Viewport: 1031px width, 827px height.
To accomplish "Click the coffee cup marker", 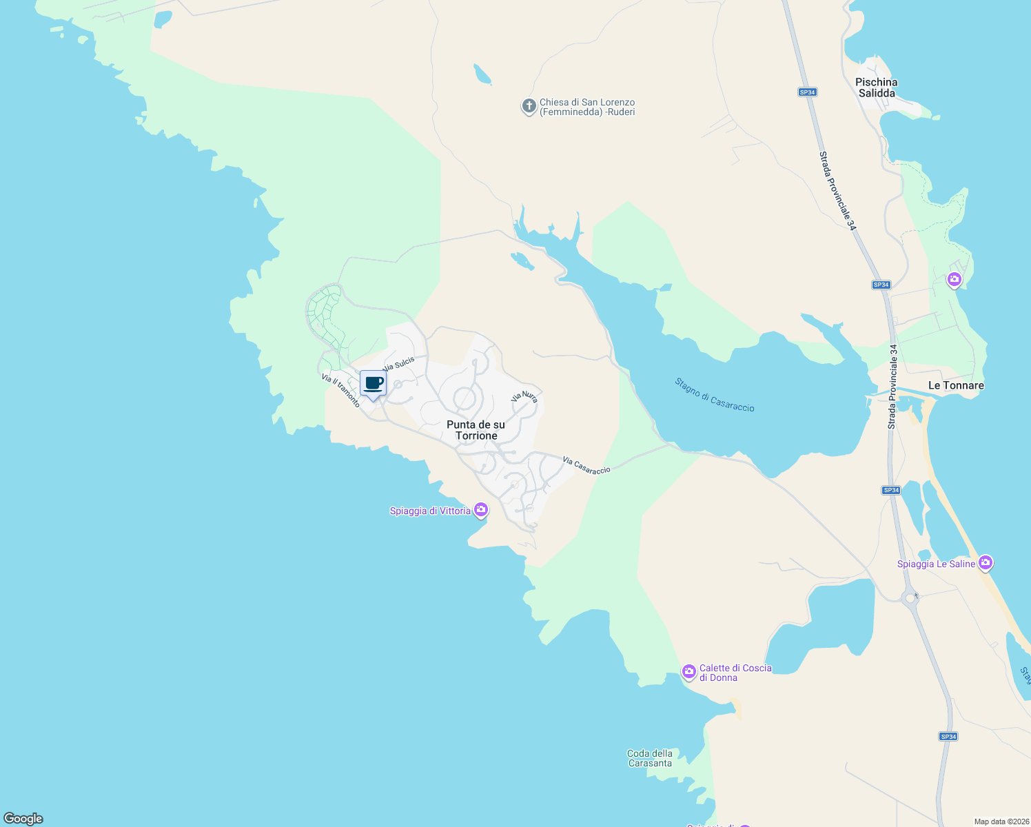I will pos(373,383).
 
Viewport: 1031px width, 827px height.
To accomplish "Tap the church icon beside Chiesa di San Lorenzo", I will pos(529,107).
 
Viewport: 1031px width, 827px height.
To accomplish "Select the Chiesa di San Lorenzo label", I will pos(587,107).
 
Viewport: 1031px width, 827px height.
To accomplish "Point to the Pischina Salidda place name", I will pos(877,88).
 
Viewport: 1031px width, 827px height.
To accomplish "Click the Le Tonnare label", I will pos(956,385).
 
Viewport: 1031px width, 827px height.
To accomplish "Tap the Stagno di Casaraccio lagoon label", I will pos(715,395).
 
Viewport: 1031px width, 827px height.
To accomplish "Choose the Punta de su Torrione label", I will pos(476,430).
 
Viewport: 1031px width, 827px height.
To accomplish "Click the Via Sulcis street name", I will pos(399,363).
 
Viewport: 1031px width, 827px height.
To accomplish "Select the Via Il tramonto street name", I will pos(340,391).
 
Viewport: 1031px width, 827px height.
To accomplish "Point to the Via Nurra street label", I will pos(524,396).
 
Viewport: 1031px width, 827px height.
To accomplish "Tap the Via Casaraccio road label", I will pos(586,465).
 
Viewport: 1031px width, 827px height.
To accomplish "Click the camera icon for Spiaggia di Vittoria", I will pos(481,510).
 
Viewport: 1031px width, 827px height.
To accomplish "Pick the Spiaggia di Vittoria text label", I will pos(430,511).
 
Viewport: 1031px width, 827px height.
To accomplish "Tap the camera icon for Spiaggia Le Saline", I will pos(986,563).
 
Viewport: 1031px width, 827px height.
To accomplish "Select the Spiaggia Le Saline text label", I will pos(936,564).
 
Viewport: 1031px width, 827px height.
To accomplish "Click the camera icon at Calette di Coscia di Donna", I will pos(688,671).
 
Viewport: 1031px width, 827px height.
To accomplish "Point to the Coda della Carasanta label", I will pos(650,758).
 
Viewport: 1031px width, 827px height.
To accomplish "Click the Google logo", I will pos(23,819).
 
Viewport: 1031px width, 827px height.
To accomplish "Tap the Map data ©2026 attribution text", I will pos(1001,821).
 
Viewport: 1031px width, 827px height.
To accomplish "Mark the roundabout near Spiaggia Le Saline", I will pos(910,598).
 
